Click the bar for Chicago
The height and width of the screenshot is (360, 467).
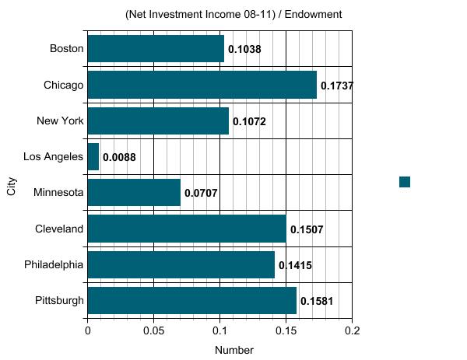(202, 85)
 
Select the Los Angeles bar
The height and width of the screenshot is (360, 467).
(93, 157)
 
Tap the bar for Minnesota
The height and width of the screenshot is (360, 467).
(134, 193)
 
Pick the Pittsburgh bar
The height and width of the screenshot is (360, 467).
(191, 301)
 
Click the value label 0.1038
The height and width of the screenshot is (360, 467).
(244, 50)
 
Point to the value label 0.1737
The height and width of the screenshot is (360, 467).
(337, 86)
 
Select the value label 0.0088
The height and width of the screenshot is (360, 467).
(119, 158)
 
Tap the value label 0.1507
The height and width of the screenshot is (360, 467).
(307, 229)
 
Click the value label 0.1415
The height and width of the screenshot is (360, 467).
(295, 265)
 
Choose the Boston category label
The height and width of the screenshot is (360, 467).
(66, 48)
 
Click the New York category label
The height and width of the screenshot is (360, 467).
(60, 121)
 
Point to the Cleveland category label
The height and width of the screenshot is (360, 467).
(59, 229)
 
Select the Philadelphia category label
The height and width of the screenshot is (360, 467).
(54, 264)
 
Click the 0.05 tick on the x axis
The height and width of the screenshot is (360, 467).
(153, 330)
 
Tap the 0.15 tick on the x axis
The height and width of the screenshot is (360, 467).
(286, 330)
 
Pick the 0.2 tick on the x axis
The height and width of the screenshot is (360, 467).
(352, 330)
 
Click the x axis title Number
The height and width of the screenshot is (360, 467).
(233, 350)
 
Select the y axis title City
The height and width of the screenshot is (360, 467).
(12, 187)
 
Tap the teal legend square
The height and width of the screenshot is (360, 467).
(405, 182)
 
